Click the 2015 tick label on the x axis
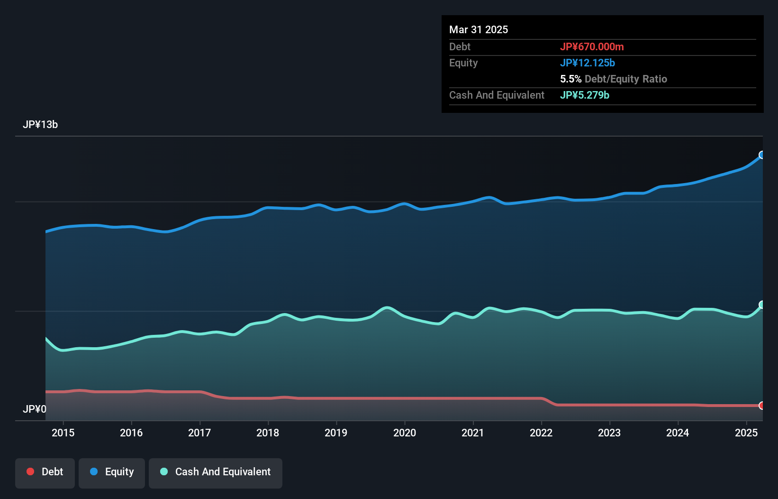click(63, 433)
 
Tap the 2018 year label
click(268, 433)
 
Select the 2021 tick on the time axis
click(473, 433)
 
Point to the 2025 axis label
click(746, 433)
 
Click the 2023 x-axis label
click(609, 433)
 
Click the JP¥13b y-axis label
click(40, 125)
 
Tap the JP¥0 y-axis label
click(35, 409)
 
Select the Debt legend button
click(45, 472)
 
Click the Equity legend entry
click(112, 472)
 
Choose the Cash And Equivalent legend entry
click(216, 472)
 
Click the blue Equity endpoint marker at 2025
click(762, 155)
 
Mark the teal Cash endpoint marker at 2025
click(762, 305)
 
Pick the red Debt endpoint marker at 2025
click(762, 406)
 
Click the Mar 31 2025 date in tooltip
click(479, 29)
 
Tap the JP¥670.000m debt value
click(592, 46)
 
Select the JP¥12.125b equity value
click(588, 63)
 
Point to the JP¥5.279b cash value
click(585, 95)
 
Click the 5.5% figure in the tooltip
click(570, 79)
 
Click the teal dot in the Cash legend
click(164, 471)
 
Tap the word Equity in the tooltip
click(463, 63)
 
